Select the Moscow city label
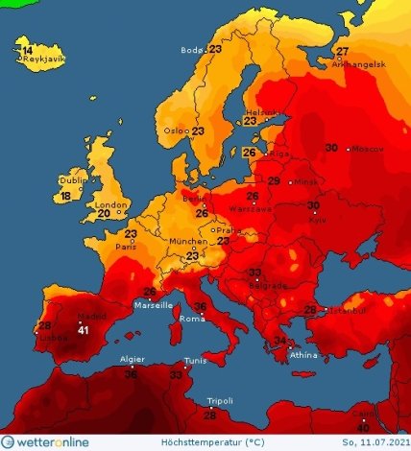(x=368, y=149)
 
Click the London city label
(x=111, y=204)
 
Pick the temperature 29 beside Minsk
(x=274, y=181)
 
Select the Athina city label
(x=303, y=354)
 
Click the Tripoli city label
(x=220, y=401)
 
